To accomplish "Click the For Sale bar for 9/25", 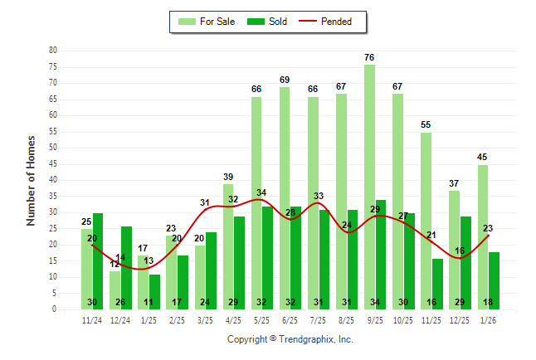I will click(x=369, y=187).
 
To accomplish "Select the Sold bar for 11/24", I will click(x=98, y=261).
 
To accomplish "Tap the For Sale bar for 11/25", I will click(x=426, y=221).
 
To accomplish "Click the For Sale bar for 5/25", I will click(x=256, y=203).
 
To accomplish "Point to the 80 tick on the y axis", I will click(x=52, y=51).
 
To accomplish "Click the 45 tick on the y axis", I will click(x=52, y=163).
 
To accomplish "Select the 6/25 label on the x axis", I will click(x=290, y=319).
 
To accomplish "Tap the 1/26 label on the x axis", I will click(x=488, y=319).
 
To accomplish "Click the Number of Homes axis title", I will click(x=32, y=180).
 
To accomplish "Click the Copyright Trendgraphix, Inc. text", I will click(x=290, y=339).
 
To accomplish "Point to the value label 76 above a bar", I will click(x=369, y=57).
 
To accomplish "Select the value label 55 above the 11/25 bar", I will click(x=426, y=125).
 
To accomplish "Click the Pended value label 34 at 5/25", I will click(x=261, y=193).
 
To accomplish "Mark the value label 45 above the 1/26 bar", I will click(x=482, y=158).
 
